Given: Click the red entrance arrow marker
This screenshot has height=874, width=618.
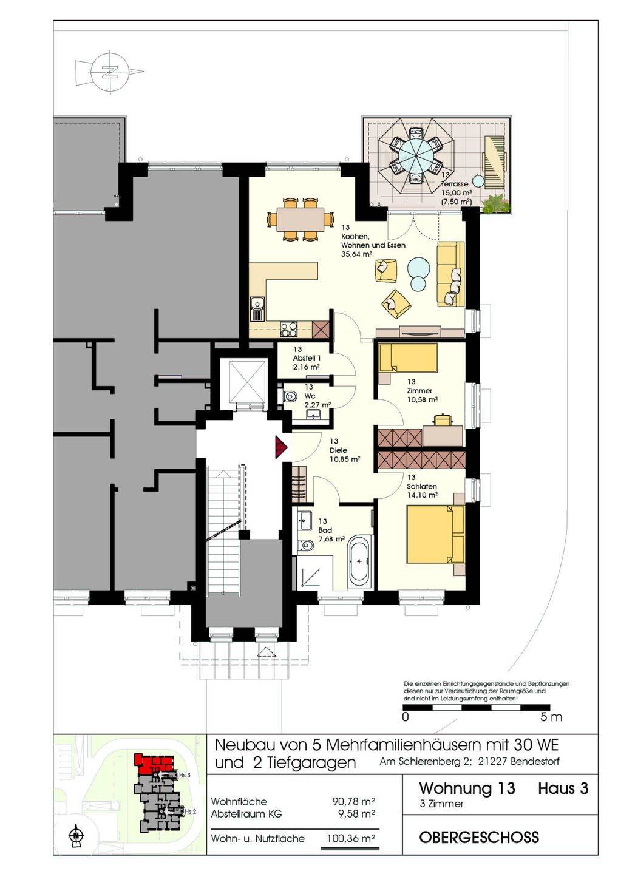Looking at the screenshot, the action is point(281,446).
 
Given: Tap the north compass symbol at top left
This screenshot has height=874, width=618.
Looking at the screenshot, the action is point(110,72).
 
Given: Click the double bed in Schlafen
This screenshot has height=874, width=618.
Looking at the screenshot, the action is point(436,540).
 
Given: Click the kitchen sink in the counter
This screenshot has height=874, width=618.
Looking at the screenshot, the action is point(257,308).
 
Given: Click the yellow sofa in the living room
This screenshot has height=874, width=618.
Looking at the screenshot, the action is point(451,274).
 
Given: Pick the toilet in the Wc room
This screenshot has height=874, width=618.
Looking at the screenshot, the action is point(289,396).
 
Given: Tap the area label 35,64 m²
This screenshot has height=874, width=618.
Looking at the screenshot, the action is point(356,254).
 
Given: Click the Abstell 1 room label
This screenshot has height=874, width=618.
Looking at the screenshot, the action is point(307,358).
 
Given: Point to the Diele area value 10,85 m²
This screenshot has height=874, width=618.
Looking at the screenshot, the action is point(344,459).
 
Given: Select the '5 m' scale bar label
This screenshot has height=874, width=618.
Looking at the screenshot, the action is point(551,717).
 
